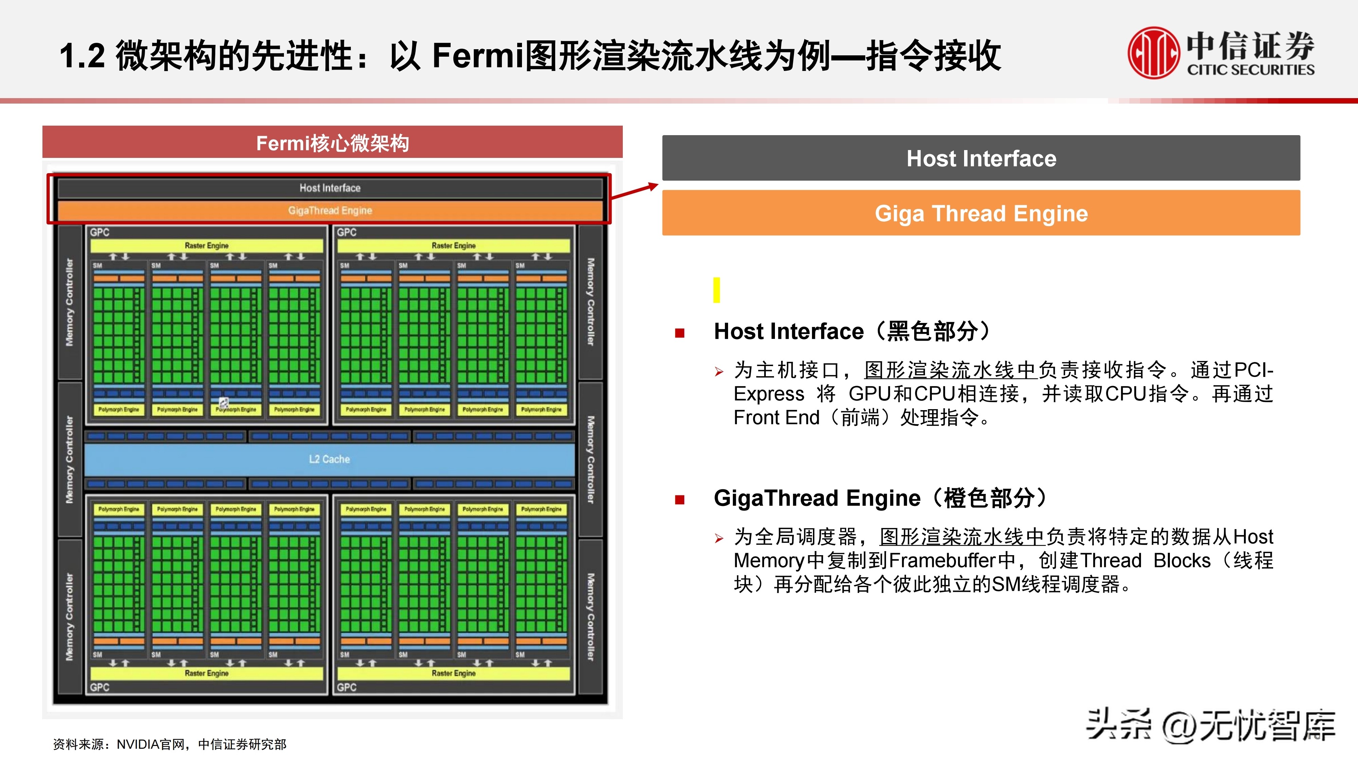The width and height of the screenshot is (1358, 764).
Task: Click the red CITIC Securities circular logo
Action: pos(1153,53)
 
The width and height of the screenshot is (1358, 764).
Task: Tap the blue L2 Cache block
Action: pos(329,459)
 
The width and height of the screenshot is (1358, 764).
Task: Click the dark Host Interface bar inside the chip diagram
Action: pos(330,188)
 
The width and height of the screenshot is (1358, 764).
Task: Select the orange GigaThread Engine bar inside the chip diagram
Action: pos(330,211)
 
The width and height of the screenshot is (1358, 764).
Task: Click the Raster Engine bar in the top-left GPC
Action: pos(207,246)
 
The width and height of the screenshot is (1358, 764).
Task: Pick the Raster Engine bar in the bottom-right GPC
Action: pos(453,673)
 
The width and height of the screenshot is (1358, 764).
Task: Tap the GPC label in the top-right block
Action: pos(347,233)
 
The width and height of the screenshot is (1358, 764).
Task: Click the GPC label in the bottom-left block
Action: pos(99,687)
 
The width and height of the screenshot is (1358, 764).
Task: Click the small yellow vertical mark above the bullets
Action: pos(717,290)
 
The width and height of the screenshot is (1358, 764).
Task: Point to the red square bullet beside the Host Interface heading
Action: pos(680,333)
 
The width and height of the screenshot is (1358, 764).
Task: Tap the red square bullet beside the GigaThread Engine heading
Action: pos(680,500)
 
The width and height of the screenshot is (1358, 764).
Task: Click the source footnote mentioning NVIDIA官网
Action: pos(170,744)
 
